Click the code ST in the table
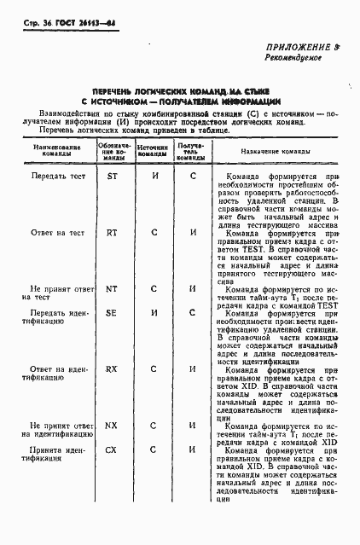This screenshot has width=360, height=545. pos(112,177)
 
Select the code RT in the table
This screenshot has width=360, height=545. pos(112,232)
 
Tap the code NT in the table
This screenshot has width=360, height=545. pos(112,288)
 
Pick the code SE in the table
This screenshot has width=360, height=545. pos(112,313)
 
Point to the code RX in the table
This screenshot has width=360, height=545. pos(112,369)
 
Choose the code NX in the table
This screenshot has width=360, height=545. pos(112,425)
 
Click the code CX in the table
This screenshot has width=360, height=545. pos(112,449)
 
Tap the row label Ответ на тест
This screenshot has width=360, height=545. pos(58,232)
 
